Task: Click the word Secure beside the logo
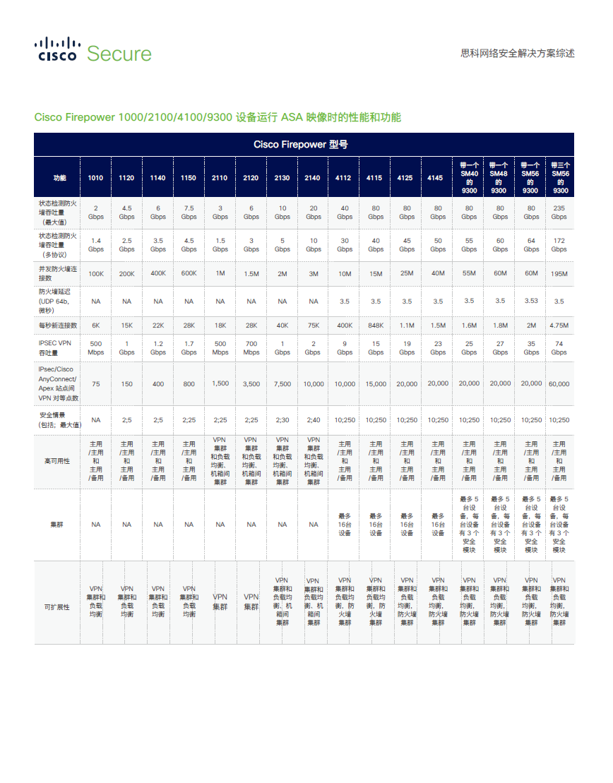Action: coord(119,54)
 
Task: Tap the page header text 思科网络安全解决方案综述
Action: coord(517,54)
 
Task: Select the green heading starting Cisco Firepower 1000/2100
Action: coord(218,117)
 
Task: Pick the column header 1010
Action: coord(95,178)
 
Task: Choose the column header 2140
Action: coord(312,178)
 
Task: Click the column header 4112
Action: coord(343,178)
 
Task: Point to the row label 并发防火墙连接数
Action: coord(56,273)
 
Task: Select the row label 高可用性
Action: coord(57,461)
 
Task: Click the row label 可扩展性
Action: coord(57,607)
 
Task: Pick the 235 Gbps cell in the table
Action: coord(559,213)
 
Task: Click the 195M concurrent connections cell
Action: coord(559,273)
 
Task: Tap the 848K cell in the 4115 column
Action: coord(376,325)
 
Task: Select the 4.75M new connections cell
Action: coord(559,325)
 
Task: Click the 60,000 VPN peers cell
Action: coord(559,384)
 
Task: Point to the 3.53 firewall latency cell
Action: coord(531,301)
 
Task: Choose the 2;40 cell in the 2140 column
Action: coord(313,420)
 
